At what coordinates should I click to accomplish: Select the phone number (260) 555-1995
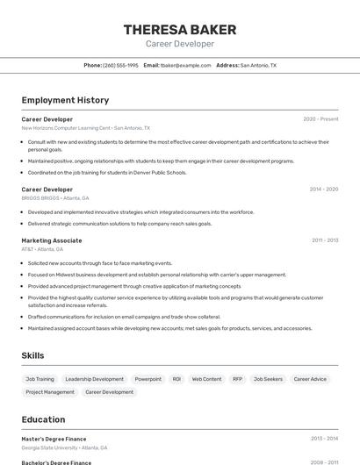(x=120, y=65)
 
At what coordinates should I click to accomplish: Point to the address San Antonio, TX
(x=258, y=65)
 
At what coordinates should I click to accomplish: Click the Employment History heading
(x=65, y=100)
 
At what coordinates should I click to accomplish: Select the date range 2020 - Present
(x=320, y=118)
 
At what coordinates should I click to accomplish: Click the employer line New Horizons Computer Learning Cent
(x=67, y=127)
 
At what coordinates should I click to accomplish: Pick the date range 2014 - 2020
(x=323, y=189)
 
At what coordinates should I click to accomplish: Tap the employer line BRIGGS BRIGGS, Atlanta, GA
(x=54, y=198)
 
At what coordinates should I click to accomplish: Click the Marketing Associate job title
(x=52, y=240)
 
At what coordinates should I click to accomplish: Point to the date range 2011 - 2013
(x=324, y=240)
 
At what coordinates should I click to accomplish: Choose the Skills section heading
(x=32, y=355)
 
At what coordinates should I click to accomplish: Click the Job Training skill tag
(x=40, y=379)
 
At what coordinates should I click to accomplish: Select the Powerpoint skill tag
(x=148, y=379)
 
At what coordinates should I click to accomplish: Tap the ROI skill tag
(x=176, y=379)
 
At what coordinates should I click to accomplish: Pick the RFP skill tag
(x=237, y=379)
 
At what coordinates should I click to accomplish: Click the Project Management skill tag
(x=50, y=392)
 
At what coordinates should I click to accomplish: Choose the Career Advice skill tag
(x=310, y=379)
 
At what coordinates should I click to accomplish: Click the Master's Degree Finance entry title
(x=54, y=438)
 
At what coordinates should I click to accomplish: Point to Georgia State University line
(x=64, y=447)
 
